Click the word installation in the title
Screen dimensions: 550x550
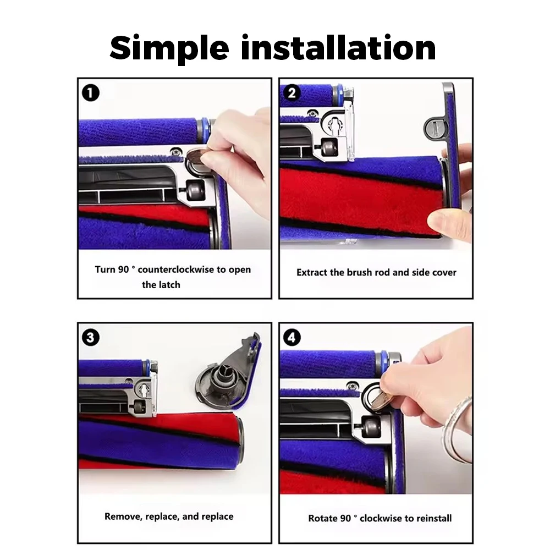coord(338,47)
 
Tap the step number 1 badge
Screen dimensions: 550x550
coord(91,93)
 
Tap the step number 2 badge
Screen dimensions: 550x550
coord(292,93)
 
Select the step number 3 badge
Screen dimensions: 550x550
coord(91,338)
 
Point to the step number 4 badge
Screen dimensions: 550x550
coord(292,338)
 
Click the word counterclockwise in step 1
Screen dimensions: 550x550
coord(176,269)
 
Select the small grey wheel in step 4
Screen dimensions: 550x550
coord(370,427)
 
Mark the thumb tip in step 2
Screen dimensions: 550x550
coord(435,222)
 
